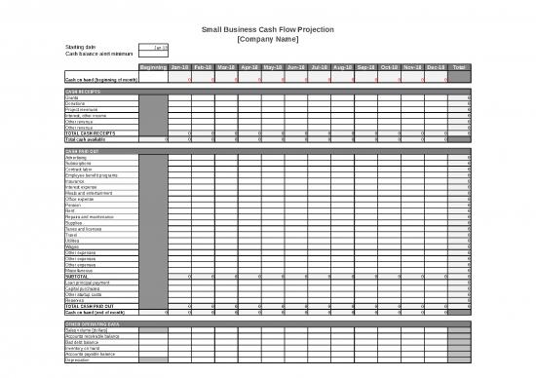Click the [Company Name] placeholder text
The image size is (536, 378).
click(268, 40)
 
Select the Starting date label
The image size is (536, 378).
click(80, 47)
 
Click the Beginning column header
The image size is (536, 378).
click(152, 67)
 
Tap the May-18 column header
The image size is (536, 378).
click(249, 67)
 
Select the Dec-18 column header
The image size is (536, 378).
click(436, 67)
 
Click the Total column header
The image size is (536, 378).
click(459, 67)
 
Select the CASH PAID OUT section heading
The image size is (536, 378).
click(84, 152)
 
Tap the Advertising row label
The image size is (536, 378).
click(76, 158)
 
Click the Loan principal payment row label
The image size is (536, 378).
click(87, 283)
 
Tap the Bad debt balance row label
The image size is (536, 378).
click(81, 342)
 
